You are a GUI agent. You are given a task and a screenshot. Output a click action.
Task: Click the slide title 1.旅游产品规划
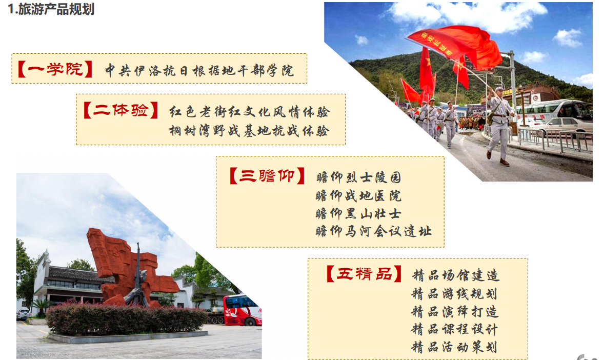pyautogui.click(x=51, y=9)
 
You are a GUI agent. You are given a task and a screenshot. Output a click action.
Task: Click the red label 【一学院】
pyautogui.click(x=55, y=69)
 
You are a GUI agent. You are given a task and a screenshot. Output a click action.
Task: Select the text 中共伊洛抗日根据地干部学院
pyautogui.click(x=199, y=70)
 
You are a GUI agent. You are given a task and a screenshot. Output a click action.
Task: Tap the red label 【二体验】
pyautogui.click(x=121, y=110)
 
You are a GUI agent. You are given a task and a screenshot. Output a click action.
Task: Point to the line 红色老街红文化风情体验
pyautogui.click(x=249, y=112)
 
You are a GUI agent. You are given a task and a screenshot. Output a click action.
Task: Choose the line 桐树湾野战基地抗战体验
pyautogui.click(x=249, y=131)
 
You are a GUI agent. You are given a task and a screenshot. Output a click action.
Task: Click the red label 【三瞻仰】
pyautogui.click(x=267, y=176)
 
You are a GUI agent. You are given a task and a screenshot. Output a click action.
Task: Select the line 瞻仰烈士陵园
pyautogui.click(x=358, y=177)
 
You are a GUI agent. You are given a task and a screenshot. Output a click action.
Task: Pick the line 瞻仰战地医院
pyautogui.click(x=358, y=195)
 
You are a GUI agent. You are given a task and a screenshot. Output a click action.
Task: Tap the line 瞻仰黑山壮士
pyautogui.click(x=358, y=213)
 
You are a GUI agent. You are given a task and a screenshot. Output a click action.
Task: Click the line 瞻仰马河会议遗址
pyautogui.click(x=373, y=231)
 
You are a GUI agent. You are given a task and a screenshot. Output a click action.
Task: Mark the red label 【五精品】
pyautogui.click(x=364, y=274)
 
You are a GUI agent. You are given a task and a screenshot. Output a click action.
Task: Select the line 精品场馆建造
pyautogui.click(x=455, y=275)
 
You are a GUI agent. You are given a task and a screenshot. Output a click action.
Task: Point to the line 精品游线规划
pyautogui.click(x=454, y=293)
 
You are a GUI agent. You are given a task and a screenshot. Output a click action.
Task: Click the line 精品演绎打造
pyautogui.click(x=455, y=311)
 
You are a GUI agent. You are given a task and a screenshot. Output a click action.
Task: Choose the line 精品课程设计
pyautogui.click(x=454, y=329)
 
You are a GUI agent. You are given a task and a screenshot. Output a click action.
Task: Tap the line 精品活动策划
pyautogui.click(x=454, y=347)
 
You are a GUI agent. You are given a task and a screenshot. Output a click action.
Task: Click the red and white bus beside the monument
pyautogui.click(x=242, y=310)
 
